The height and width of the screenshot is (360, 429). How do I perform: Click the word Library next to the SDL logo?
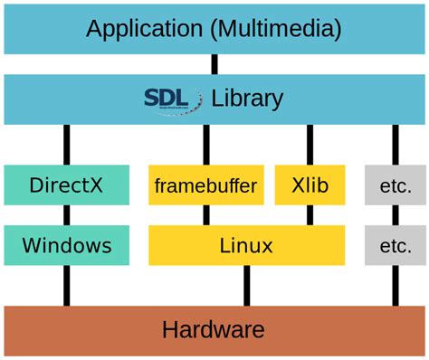(247, 98)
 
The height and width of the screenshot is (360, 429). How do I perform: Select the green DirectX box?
(66, 185)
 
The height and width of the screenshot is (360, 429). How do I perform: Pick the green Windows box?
(66, 245)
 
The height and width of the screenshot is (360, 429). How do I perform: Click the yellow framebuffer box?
(205, 185)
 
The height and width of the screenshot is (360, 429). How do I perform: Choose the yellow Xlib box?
(310, 185)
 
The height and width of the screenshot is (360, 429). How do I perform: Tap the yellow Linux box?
(246, 245)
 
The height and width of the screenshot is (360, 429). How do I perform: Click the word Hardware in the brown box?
(214, 329)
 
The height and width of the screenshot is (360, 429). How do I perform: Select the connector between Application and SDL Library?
(214, 64)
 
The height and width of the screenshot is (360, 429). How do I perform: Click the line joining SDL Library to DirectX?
(66, 145)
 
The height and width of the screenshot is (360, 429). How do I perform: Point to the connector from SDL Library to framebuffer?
(205, 145)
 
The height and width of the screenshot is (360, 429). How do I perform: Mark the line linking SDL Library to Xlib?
(310, 145)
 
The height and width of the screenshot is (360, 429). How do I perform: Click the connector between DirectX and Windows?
(66, 215)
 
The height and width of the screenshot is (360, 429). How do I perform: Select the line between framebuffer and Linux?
(205, 215)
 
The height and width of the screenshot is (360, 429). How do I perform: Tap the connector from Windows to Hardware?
(66, 285)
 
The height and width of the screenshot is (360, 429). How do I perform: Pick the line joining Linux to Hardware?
(246, 285)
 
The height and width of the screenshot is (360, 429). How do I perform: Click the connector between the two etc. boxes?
(396, 215)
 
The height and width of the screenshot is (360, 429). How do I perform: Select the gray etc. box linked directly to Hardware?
(396, 245)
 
